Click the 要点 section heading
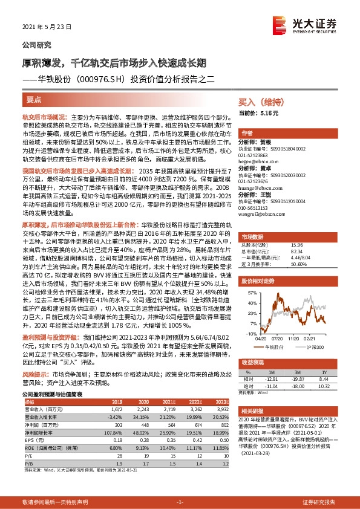point(35,99)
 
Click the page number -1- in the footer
point(180,502)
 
